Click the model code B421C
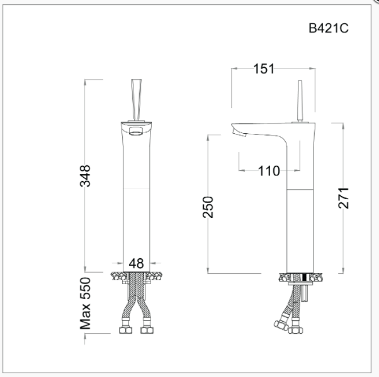[x=328, y=28]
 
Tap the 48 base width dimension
[x=136, y=263]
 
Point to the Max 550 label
[x=86, y=304]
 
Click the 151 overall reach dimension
[x=264, y=69]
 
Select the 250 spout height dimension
[x=208, y=207]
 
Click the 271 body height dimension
[x=343, y=198]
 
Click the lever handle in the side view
[x=301, y=101]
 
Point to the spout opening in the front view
[x=136, y=131]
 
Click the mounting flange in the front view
[x=136, y=276]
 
